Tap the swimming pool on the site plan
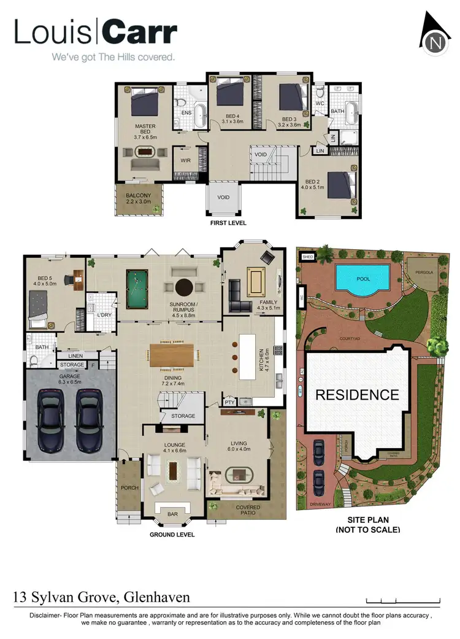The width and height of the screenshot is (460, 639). coord(362,278)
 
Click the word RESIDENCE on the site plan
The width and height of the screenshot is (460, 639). coord(357,395)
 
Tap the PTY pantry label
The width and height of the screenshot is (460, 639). coord(229,403)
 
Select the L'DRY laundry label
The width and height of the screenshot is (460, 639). coord(104,315)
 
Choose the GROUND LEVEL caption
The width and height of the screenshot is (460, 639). coord(172,535)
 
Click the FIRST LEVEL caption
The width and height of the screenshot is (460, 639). coord(228,223)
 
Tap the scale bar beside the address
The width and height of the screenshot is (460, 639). coord(403,600)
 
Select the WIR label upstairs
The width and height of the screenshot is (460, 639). coord(186,161)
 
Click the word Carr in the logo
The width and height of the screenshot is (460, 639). coord(140,33)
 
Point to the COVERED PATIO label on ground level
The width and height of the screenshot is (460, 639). coord(248,511)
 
